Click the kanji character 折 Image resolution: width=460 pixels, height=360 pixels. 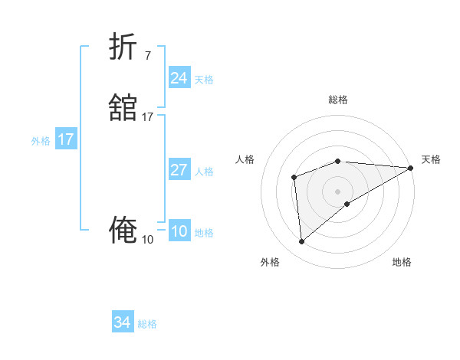pos(123,47)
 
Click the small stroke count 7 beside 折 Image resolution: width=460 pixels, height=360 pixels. pos(147,55)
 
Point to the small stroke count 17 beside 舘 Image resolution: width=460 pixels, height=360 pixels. pos(148,117)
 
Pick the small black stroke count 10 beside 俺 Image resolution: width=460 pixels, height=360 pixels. pos(148,240)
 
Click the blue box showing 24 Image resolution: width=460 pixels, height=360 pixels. pos(179,78)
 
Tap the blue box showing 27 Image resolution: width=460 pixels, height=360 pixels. pos(179,170)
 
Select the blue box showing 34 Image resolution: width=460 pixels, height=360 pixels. pos(122,323)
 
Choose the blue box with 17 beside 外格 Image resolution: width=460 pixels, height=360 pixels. pos(65,139)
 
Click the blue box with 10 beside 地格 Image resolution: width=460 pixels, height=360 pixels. pos(179,232)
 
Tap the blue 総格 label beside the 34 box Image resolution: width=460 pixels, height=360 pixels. pos(147,324)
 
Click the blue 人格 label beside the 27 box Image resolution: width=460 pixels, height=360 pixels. pos(205,172)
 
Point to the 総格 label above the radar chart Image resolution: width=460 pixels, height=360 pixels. pos(338,100)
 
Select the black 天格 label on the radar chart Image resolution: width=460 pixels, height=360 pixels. pos(431,159)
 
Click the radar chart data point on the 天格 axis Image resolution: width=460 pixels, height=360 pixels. pos(412,167)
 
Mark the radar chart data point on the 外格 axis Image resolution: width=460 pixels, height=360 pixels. pos(301,242)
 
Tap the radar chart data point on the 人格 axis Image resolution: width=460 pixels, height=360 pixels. pos(294,178)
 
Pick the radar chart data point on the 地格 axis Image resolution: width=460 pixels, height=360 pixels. pos(347,204)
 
